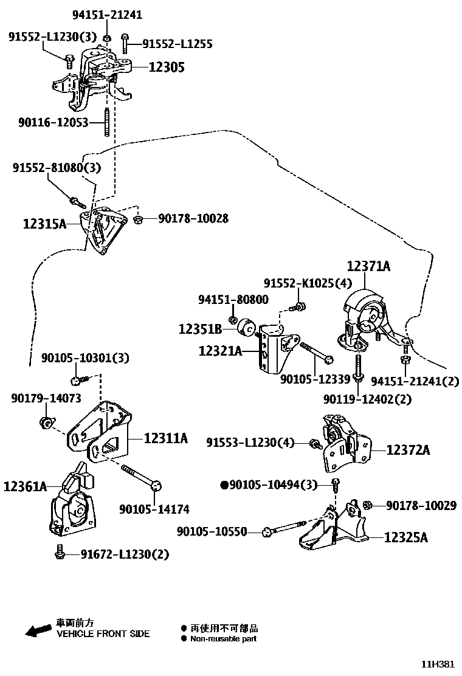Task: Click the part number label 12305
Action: click(x=167, y=67)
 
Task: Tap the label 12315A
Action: click(x=44, y=224)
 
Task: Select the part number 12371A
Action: click(x=368, y=266)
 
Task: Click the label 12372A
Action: click(x=408, y=450)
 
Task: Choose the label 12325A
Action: click(x=405, y=537)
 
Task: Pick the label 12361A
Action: click(x=25, y=486)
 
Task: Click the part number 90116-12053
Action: click(x=53, y=123)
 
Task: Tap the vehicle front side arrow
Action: click(x=38, y=630)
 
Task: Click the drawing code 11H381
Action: click(x=438, y=664)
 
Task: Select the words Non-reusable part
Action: click(x=223, y=639)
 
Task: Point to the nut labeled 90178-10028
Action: click(x=138, y=219)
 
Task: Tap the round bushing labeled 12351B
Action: click(x=246, y=326)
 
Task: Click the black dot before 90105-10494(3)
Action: click(x=224, y=485)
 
